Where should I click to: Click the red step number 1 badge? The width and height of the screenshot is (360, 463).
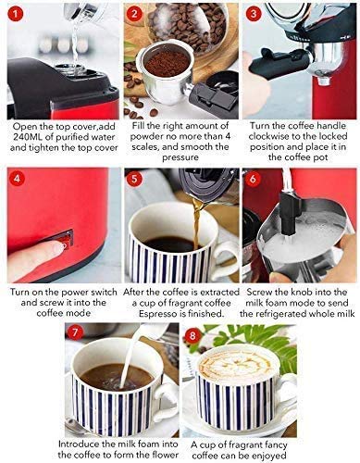click(x=16, y=13)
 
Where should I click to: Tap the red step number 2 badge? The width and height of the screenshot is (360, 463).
click(x=135, y=13)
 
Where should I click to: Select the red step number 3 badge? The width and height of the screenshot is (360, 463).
click(x=254, y=13)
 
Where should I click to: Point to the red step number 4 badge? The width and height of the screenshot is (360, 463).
click(x=16, y=176)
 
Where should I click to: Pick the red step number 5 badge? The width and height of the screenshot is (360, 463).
click(x=135, y=177)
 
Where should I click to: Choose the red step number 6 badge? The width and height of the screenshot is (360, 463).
click(x=254, y=177)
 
